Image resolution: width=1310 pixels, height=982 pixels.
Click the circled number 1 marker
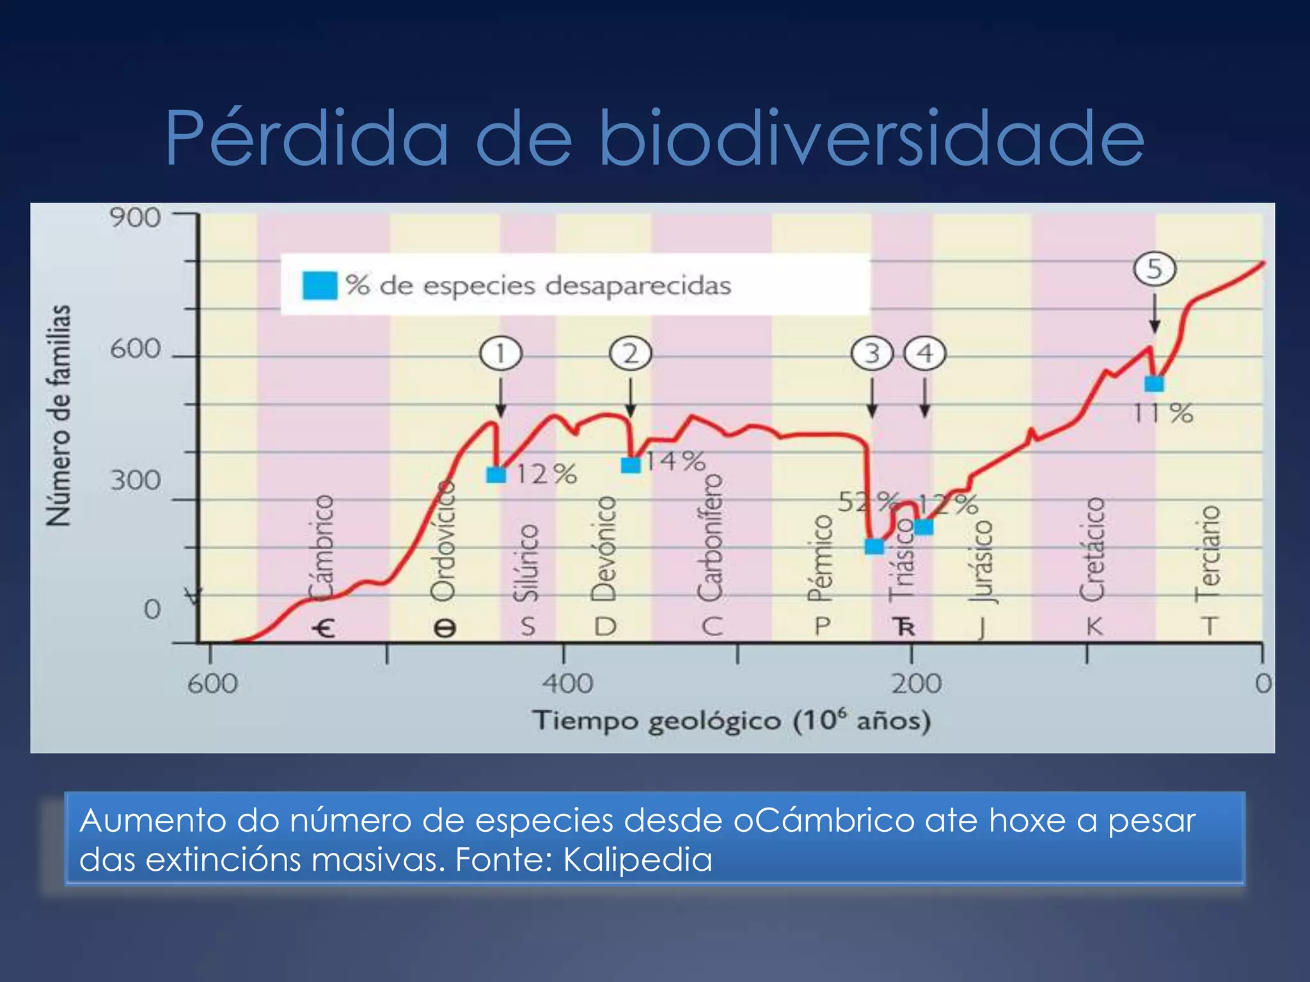(x=501, y=354)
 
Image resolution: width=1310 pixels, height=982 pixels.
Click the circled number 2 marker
(x=631, y=354)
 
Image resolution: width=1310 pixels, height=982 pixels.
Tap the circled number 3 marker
(x=872, y=354)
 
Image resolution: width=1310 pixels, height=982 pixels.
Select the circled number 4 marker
(x=925, y=354)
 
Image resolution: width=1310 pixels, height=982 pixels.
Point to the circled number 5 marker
(x=1155, y=269)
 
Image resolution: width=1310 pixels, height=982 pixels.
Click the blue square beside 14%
(x=631, y=465)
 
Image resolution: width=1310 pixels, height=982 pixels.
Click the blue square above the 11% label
(x=1154, y=384)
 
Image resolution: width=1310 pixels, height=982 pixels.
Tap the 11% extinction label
(x=1163, y=414)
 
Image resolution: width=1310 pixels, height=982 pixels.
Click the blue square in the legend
(x=320, y=285)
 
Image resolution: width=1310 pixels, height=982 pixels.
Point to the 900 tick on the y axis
(x=135, y=218)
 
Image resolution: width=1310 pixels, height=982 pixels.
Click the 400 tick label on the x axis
(x=567, y=684)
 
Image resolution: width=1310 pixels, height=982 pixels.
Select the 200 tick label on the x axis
(x=917, y=684)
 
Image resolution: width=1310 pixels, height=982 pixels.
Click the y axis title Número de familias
(x=59, y=416)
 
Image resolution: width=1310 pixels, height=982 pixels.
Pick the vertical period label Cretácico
(x=1093, y=549)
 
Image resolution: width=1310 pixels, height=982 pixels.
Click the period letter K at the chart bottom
(x=1094, y=627)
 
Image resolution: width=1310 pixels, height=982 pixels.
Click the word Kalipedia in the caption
(x=637, y=859)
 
